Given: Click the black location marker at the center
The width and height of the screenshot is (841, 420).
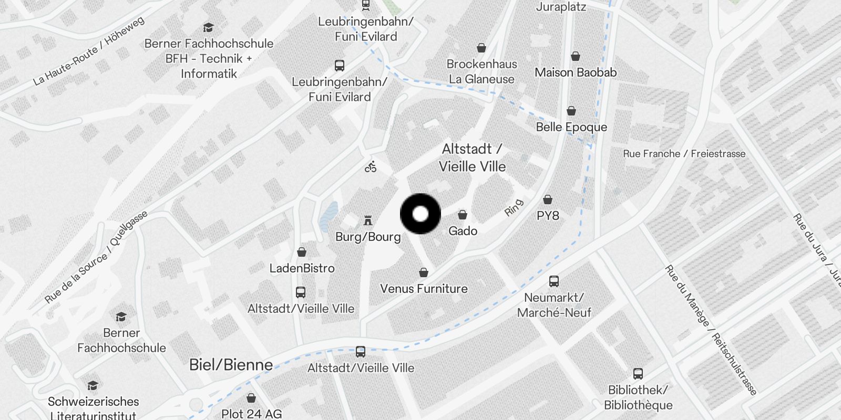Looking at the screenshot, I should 420,214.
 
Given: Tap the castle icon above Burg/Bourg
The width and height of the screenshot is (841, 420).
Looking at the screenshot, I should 368,220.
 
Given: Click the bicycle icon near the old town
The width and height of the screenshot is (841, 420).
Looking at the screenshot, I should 371,167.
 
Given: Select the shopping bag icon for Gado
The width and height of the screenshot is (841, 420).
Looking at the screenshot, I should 463,215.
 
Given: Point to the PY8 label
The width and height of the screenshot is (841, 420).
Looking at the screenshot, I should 548,216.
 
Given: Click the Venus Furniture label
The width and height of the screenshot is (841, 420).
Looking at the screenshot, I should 424,289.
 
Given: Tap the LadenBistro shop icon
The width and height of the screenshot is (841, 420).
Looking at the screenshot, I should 302,253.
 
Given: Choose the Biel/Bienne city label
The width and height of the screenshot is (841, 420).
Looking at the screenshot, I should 231,365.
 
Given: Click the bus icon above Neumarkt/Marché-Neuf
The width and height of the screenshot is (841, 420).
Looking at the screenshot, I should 554,281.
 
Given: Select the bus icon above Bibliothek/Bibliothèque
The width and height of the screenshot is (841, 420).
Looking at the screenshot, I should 638,374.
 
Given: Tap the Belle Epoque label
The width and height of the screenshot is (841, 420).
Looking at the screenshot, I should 571,127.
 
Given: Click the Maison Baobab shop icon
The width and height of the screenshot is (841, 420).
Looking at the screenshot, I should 576,57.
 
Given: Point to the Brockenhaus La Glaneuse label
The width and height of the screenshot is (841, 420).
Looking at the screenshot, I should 481,71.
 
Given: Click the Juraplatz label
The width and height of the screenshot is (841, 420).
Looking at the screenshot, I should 561,7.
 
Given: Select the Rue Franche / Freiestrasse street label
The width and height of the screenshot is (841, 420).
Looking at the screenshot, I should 684,154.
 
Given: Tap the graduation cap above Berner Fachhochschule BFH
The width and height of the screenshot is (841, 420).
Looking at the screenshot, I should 209,28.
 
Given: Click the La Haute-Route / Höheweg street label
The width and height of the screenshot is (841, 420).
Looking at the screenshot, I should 88,51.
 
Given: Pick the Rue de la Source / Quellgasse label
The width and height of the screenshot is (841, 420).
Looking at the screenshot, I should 96,257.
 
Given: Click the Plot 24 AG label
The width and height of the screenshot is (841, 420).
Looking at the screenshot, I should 251,414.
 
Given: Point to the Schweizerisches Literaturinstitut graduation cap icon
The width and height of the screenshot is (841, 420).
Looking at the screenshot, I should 93,386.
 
